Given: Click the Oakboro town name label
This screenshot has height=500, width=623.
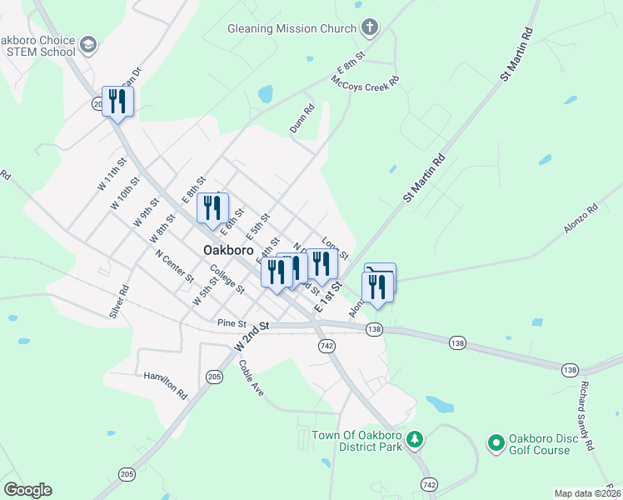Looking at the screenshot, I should [228, 250].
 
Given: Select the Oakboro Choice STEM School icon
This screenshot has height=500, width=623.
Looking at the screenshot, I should [88, 43].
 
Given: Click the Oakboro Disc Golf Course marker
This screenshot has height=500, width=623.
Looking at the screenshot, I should [496, 441].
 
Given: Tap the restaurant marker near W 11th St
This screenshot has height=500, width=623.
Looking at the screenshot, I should [117, 102].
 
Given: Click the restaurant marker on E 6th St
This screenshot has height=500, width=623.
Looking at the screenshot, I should [212, 207].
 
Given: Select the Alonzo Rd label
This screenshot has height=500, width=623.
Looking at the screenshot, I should [581, 220].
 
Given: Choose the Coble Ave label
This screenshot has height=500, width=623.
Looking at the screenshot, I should [251, 377].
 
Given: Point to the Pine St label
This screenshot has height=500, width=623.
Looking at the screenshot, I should [232, 322].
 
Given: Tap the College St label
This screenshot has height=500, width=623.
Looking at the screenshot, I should [227, 279].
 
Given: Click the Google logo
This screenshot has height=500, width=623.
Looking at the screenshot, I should [27, 490].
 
